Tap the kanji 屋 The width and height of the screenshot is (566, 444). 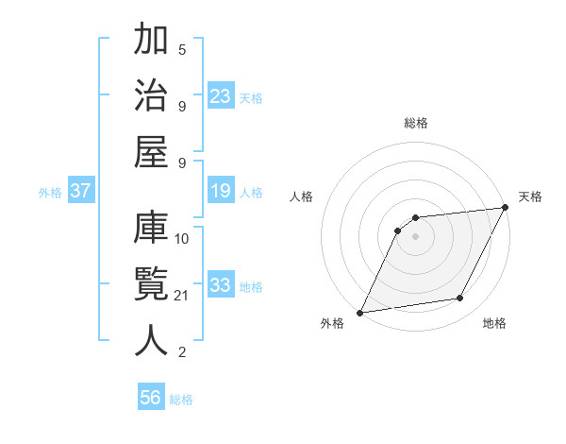[x=152, y=152]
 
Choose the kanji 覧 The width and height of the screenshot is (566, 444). [x=152, y=284]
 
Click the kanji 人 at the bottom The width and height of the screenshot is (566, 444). [x=152, y=341]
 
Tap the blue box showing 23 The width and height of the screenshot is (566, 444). [x=221, y=95]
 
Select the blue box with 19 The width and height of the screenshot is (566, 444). [x=221, y=192]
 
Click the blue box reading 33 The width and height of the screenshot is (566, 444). [x=221, y=285]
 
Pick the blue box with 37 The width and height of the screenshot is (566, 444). [x=81, y=192]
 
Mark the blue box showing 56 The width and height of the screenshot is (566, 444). [x=151, y=398]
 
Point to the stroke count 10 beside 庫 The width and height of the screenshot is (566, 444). [x=182, y=238]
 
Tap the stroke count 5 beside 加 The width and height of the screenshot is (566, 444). [x=182, y=49]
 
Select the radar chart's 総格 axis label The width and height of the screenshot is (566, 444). [x=416, y=123]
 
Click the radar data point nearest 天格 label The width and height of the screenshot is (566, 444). [x=505, y=208]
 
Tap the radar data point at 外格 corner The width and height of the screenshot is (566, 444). [x=359, y=312]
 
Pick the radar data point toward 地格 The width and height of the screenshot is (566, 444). [x=460, y=299]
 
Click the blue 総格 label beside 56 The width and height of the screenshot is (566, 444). [x=181, y=400]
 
